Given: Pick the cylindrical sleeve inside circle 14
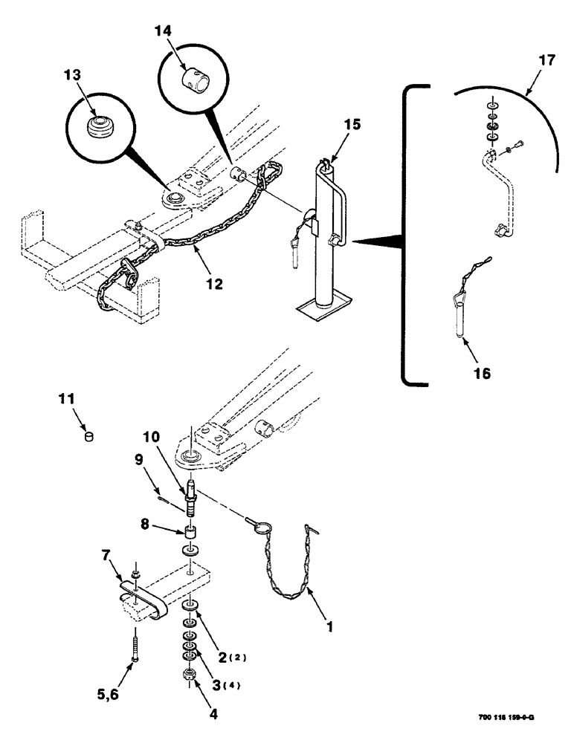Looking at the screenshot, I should tap(195, 78).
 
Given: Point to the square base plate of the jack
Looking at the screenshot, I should tap(322, 308).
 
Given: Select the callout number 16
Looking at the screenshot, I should tap(482, 373).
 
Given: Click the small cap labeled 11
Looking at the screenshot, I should tap(89, 437).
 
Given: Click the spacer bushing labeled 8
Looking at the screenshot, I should tap(192, 533).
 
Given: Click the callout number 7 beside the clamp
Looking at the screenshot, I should tap(107, 556).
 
